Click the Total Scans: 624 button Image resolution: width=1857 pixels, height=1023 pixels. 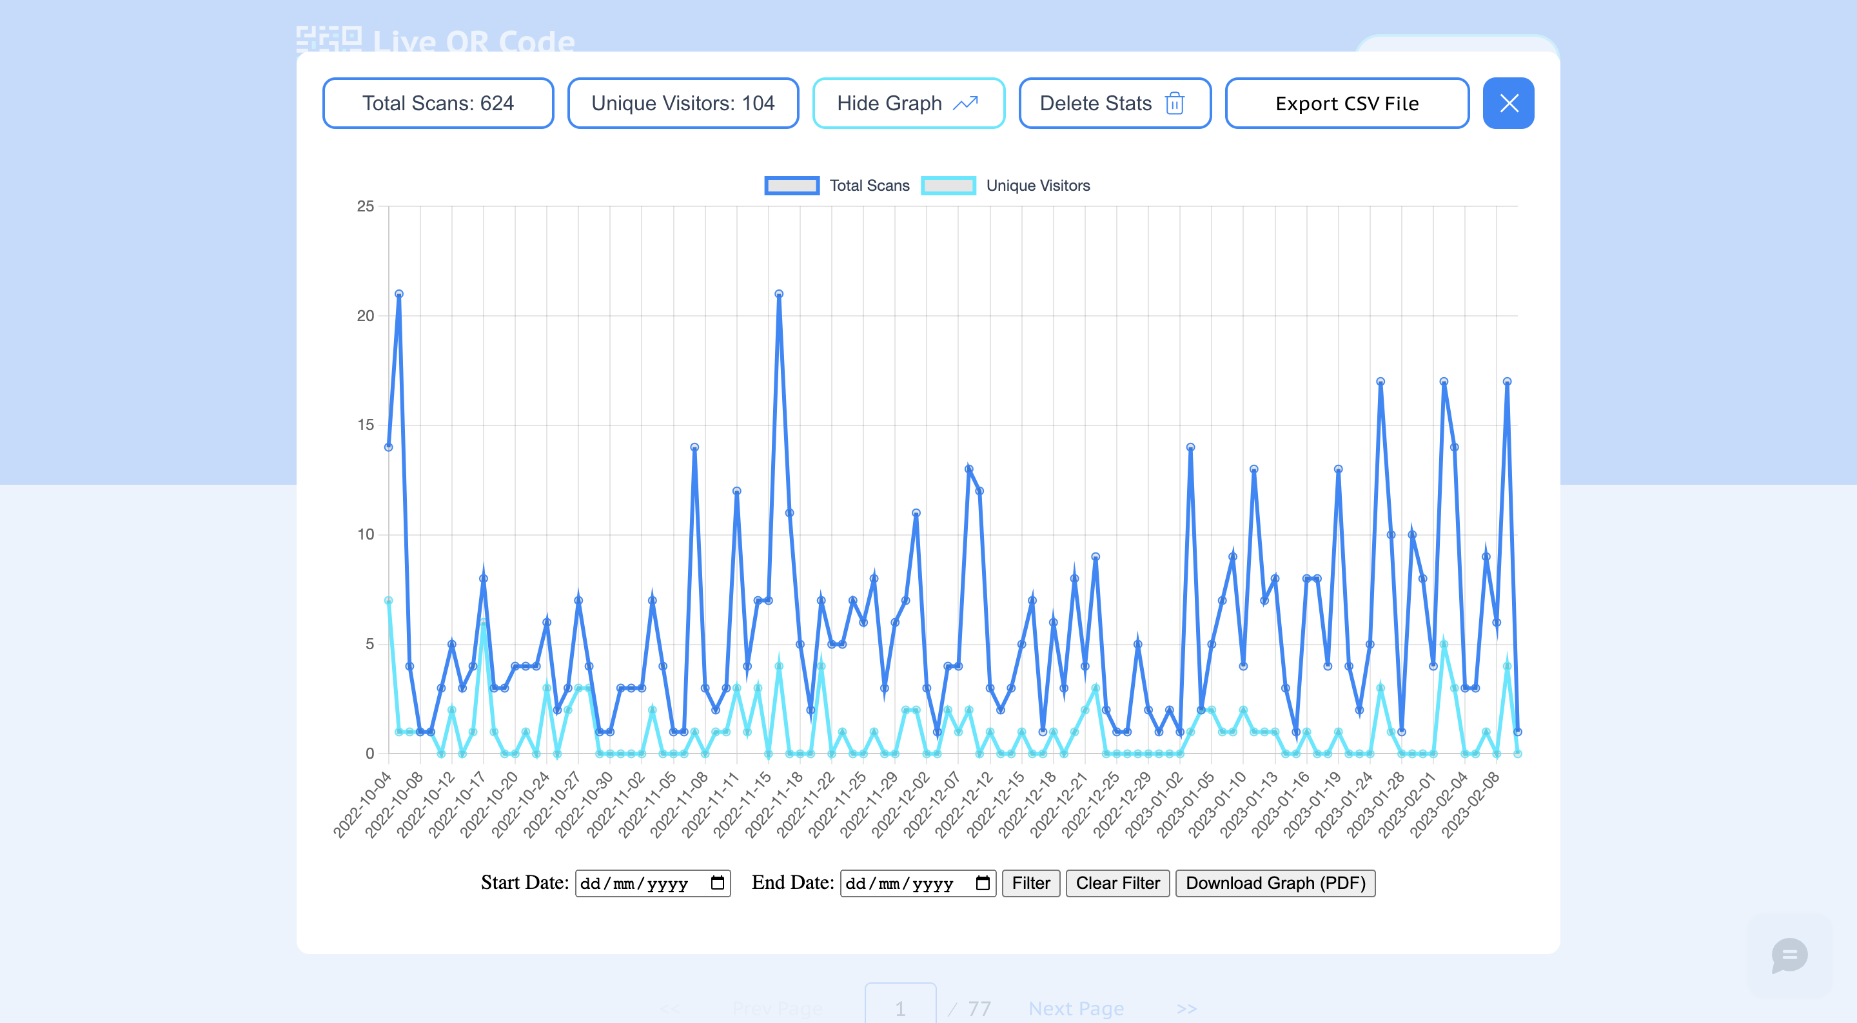click(438, 103)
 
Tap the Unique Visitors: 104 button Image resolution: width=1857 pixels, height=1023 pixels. click(682, 103)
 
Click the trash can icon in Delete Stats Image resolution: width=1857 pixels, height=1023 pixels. click(1174, 103)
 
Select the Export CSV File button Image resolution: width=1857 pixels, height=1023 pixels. click(1346, 103)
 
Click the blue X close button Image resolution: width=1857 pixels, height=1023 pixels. click(1508, 103)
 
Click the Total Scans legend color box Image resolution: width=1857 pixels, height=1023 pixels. click(792, 185)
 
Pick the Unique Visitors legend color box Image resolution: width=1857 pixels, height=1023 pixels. click(948, 185)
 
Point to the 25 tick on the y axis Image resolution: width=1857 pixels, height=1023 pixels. click(366, 206)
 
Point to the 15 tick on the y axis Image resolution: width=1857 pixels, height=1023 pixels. click(366, 425)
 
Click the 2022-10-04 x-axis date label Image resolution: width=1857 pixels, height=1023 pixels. click(362, 804)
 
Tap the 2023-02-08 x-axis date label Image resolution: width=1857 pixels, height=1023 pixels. click(1471, 804)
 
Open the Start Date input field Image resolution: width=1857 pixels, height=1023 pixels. click(642, 883)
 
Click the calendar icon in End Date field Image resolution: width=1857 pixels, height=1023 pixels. click(983, 883)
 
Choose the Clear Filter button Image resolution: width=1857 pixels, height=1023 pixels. click(1117, 883)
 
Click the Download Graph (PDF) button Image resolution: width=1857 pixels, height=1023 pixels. click(1275, 883)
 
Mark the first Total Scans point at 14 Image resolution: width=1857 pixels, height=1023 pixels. click(389, 447)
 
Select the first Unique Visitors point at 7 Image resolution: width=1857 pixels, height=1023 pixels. click(389, 601)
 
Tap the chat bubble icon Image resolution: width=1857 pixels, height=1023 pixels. click(1789, 955)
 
